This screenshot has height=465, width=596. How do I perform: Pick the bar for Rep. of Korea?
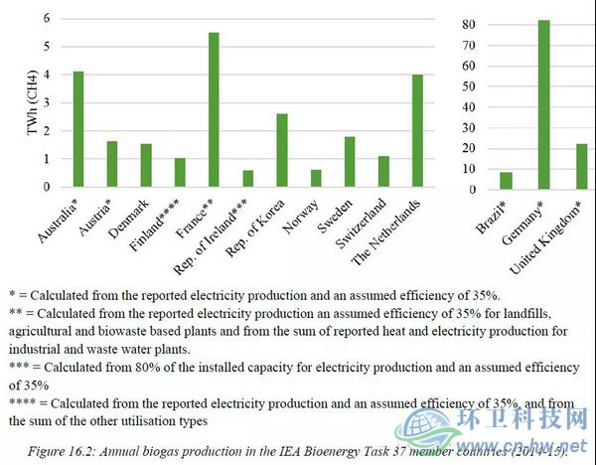(282, 150)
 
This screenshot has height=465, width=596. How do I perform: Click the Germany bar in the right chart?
(544, 104)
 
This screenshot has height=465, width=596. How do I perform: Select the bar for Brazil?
(507, 180)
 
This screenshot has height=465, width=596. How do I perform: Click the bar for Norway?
(316, 178)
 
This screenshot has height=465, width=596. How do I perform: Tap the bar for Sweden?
(350, 162)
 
